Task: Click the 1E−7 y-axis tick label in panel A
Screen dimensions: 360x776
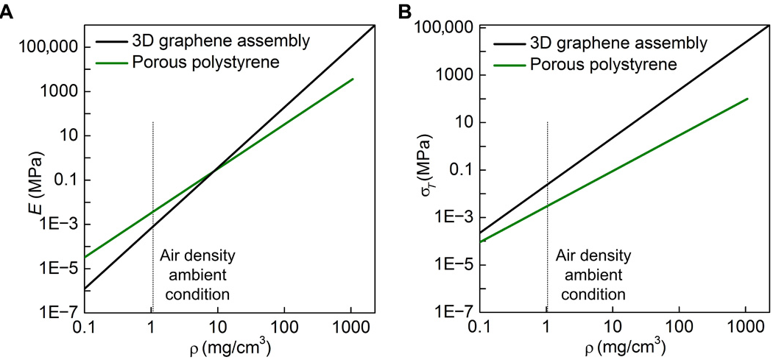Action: click(x=47, y=312)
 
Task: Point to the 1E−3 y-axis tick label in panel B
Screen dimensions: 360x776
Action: click(x=444, y=216)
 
